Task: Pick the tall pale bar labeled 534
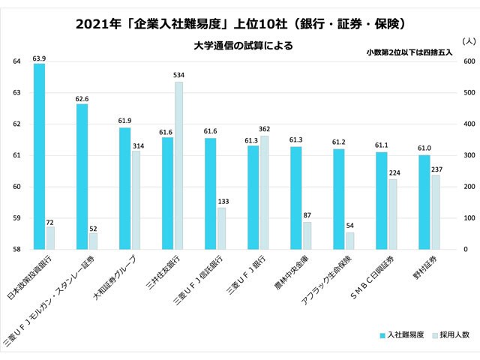click(x=178, y=165)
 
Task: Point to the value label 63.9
click(x=40, y=58)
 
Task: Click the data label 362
click(x=264, y=130)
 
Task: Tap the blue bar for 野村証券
click(x=424, y=202)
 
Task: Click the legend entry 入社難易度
click(x=406, y=334)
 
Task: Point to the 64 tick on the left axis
click(x=16, y=61)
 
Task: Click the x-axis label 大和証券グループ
click(x=114, y=280)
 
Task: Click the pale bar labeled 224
click(x=391, y=214)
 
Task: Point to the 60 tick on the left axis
click(x=16, y=187)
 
